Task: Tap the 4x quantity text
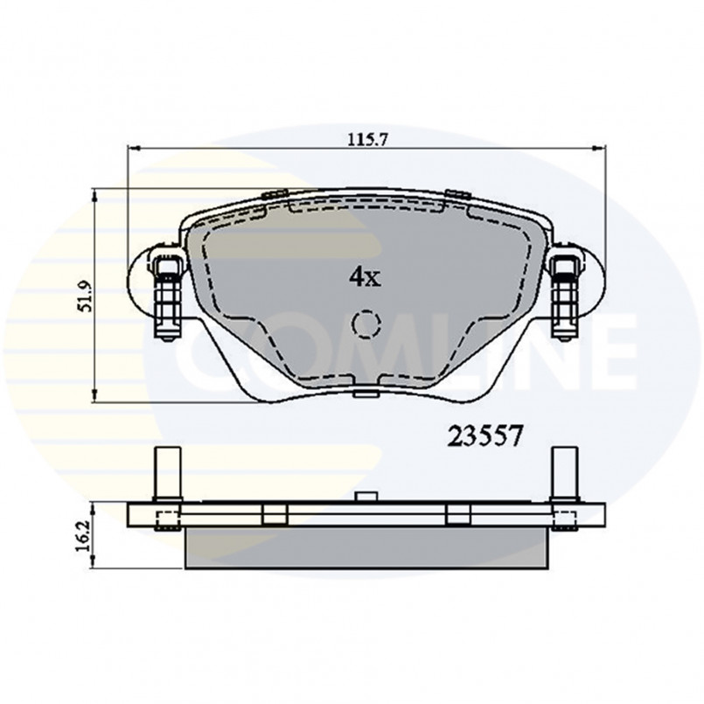pos(365,277)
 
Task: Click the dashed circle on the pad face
pos(366,324)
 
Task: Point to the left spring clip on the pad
pos(164,292)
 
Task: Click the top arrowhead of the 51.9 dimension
pos(95,194)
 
